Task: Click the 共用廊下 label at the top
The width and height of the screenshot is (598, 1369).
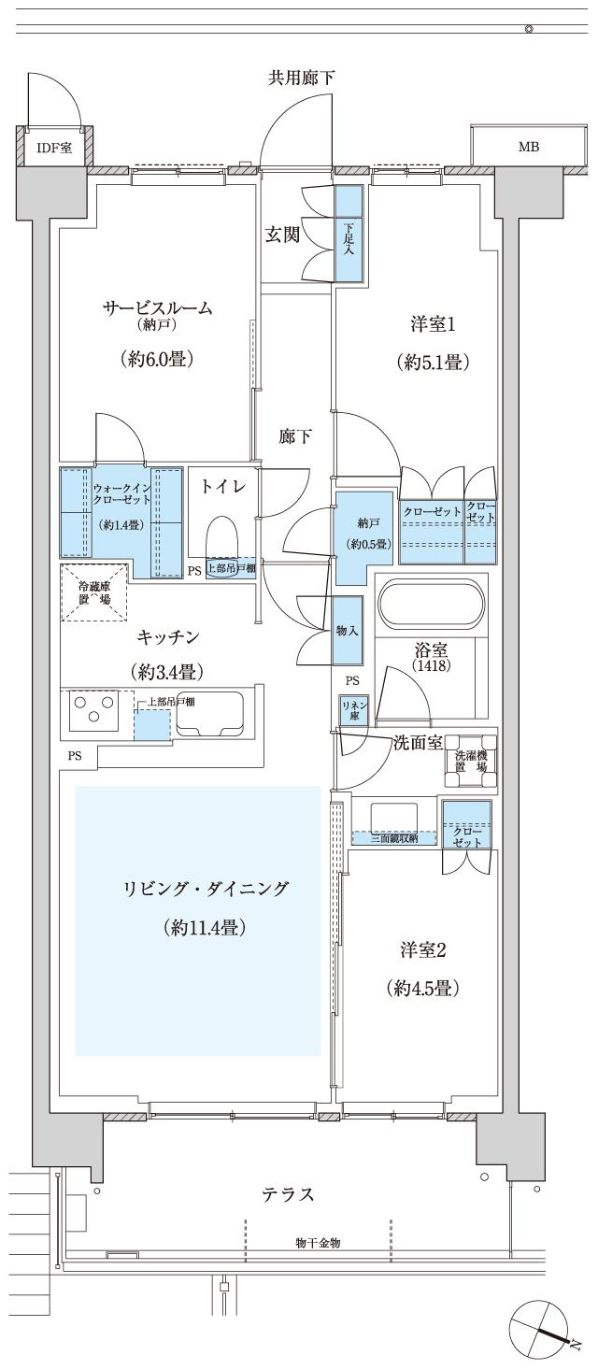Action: point(302,78)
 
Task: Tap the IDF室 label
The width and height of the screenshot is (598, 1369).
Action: point(55,148)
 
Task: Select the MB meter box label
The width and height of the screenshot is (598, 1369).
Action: point(528,147)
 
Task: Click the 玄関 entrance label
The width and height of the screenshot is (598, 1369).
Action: point(282,234)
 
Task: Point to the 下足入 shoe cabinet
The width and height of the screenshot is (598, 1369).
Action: point(349,233)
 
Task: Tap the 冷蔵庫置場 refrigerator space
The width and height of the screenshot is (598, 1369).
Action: point(94,592)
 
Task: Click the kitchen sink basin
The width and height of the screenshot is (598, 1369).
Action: point(209,715)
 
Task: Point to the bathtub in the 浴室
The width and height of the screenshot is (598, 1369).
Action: point(432,604)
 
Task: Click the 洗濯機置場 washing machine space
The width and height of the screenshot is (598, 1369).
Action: point(470,760)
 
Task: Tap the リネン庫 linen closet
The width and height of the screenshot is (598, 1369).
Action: point(354,710)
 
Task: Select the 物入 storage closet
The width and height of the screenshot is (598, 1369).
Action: point(348,631)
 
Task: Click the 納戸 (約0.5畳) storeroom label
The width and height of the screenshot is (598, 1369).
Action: point(368,533)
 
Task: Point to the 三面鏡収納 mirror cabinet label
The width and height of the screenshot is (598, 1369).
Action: point(394,838)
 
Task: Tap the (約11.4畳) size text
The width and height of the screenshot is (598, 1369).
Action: point(206,928)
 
